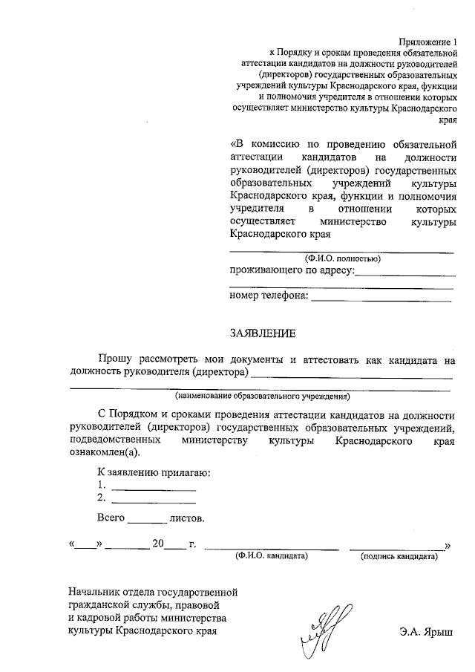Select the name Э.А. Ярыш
click(x=429, y=633)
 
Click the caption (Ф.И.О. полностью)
click(x=341, y=258)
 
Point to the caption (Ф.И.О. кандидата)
click(x=271, y=555)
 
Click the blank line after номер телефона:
click(x=381, y=299)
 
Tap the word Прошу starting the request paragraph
click(x=114, y=359)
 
